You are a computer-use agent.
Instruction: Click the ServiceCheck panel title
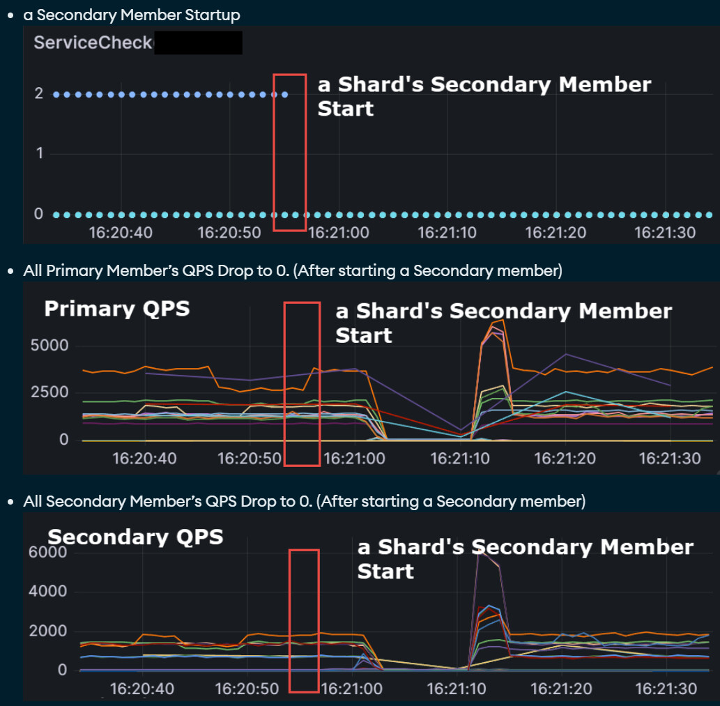pyautogui.click(x=93, y=43)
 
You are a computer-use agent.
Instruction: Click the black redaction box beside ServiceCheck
pyautogui.click(x=197, y=43)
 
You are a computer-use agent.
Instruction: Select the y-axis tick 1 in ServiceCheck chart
pyautogui.click(x=39, y=153)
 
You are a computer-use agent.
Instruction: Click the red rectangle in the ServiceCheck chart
pyautogui.click(x=290, y=152)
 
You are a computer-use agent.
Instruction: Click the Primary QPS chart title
pyautogui.click(x=116, y=309)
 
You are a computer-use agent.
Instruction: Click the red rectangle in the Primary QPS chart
pyautogui.click(x=302, y=384)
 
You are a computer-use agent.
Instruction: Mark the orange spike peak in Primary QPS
pyautogui.click(x=501, y=320)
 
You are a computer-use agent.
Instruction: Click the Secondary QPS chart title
pyautogui.click(x=135, y=537)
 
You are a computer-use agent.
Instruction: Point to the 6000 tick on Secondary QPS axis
pyautogui.click(x=53, y=553)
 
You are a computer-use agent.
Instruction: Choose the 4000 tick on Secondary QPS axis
pyautogui.click(x=53, y=592)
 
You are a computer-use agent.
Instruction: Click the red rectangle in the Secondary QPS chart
pyautogui.click(x=304, y=621)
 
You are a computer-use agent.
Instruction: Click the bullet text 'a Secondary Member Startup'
pyautogui.click(x=132, y=14)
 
